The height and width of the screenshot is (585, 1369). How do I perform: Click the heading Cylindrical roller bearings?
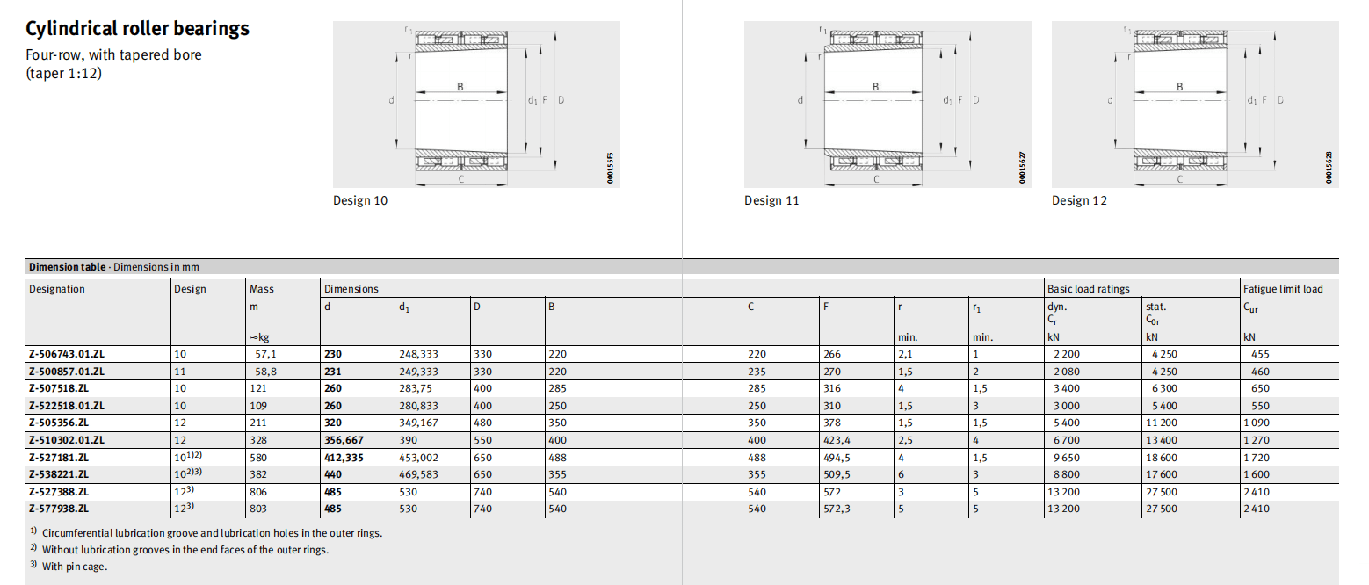[x=137, y=29]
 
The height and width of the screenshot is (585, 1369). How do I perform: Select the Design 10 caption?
[x=360, y=200]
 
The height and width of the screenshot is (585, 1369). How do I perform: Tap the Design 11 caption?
[x=771, y=200]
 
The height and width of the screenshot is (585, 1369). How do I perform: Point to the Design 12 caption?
[x=1079, y=200]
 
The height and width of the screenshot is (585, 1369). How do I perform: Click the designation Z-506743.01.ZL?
[x=67, y=354]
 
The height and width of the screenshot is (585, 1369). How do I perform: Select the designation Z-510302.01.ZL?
[x=67, y=440]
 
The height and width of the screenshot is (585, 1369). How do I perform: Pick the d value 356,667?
[x=344, y=440]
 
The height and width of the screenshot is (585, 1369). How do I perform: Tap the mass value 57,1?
[x=265, y=354]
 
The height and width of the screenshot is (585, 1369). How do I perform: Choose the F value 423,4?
[x=837, y=440]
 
